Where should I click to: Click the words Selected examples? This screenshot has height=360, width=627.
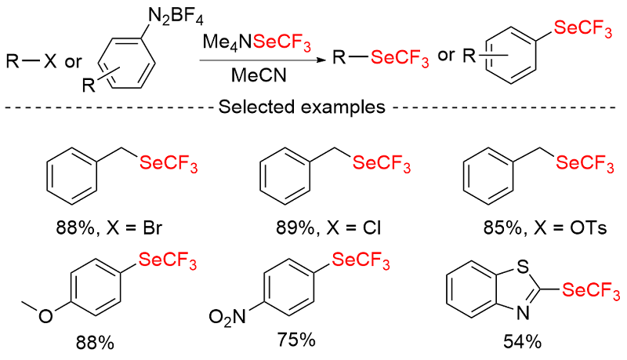pyautogui.click(x=312, y=107)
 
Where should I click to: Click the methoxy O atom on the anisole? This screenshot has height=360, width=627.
pyautogui.click(x=47, y=316)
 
